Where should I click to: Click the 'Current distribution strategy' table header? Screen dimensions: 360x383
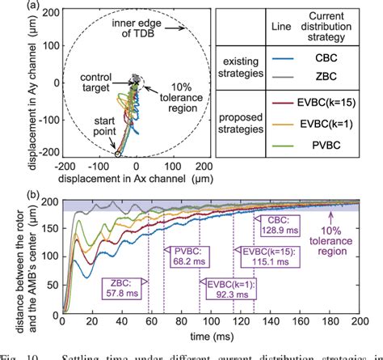coord(338,23)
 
